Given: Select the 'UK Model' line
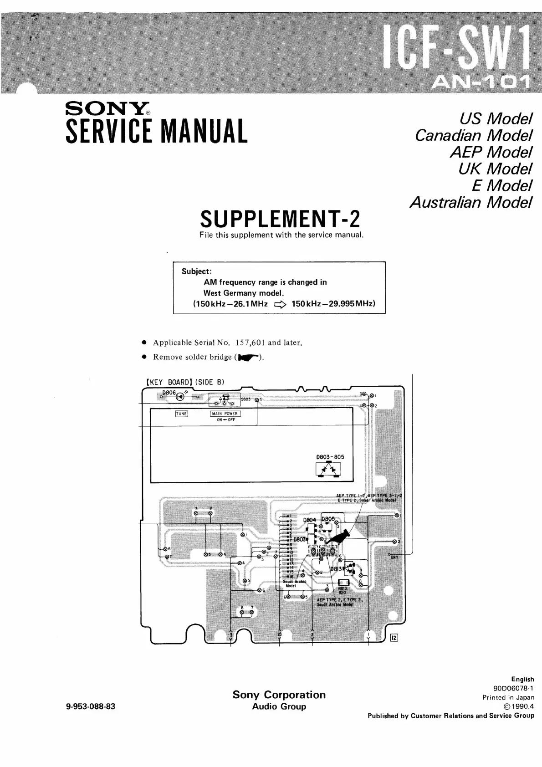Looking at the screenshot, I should (495, 169).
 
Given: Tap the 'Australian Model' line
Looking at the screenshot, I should (470, 202).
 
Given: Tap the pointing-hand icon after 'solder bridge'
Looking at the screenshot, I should (249, 358).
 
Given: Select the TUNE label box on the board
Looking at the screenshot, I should (181, 414).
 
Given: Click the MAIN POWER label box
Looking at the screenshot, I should (225, 414).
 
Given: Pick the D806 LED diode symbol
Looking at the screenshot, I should (180, 396).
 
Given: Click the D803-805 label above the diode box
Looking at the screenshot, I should (330, 457).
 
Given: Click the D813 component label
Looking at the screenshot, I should (336, 569).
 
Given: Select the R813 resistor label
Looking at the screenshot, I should (343, 588).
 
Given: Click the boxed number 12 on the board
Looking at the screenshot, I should (394, 638).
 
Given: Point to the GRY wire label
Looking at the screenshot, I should (394, 557).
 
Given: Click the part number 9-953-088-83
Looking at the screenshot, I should (91, 706).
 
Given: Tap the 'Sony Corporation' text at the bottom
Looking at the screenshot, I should (279, 695).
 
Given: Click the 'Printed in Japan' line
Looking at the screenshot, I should (508, 697).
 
